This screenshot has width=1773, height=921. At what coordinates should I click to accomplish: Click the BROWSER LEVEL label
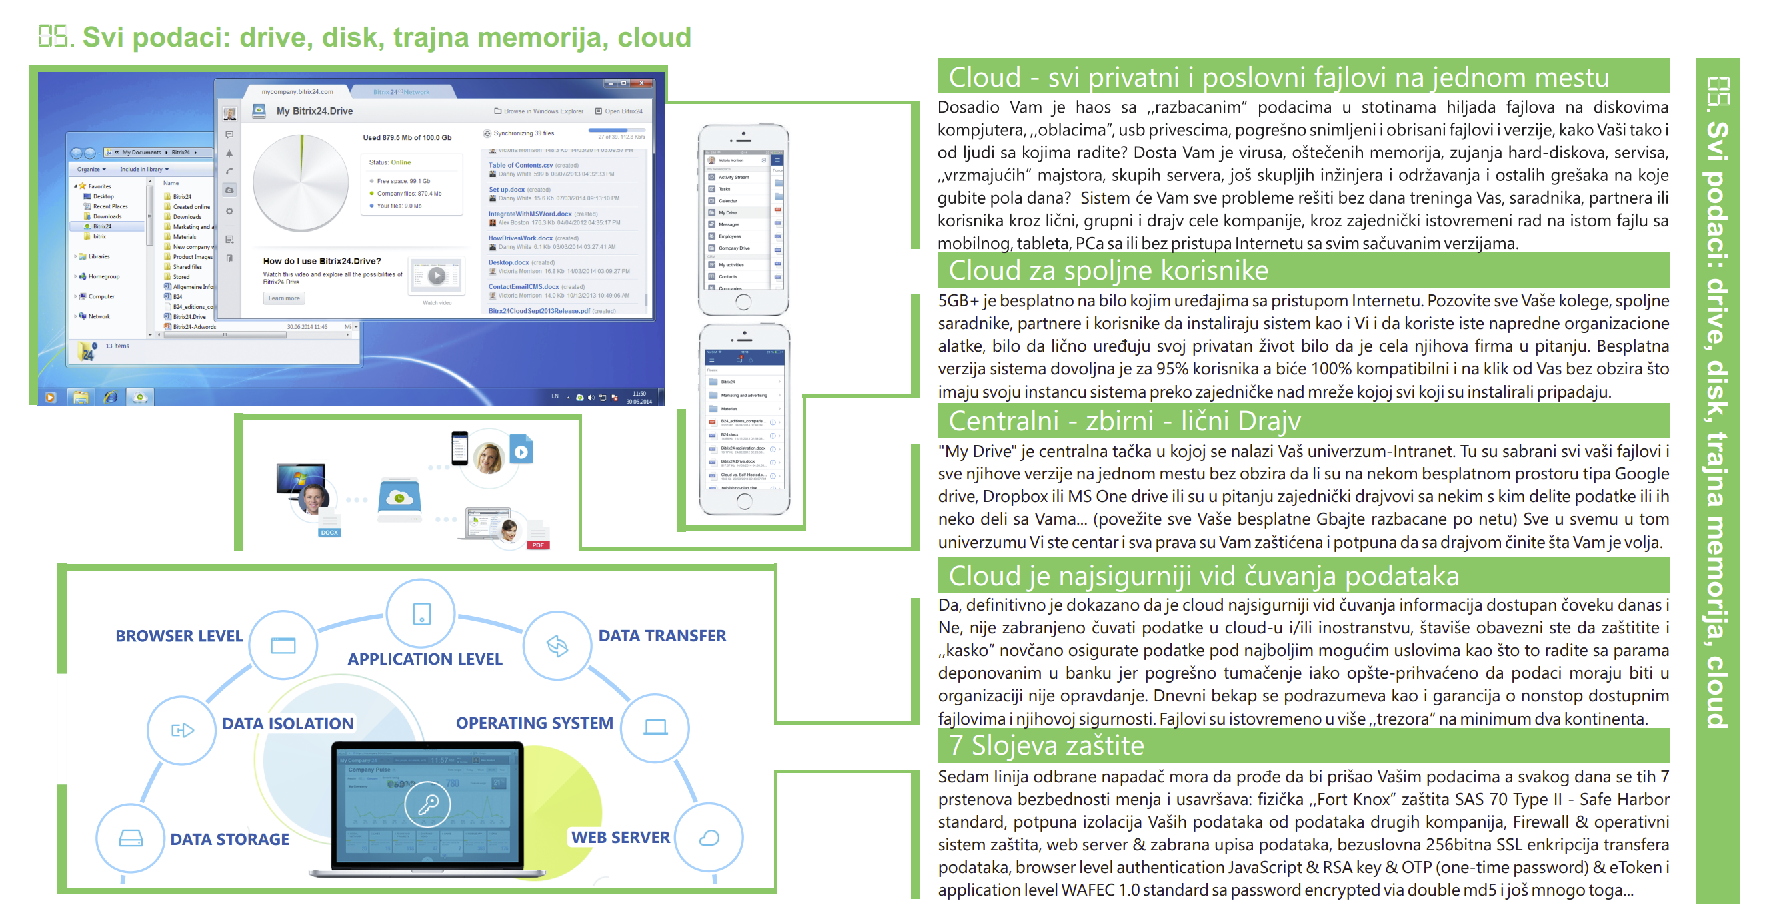[179, 635]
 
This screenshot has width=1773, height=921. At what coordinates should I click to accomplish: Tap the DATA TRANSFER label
[661, 635]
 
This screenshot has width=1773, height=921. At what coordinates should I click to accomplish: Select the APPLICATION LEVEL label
[425, 659]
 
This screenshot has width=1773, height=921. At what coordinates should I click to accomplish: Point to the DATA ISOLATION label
[287, 724]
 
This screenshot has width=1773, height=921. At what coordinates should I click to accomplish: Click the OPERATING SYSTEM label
[534, 723]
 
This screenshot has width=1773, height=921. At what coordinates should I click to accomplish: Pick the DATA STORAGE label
[229, 839]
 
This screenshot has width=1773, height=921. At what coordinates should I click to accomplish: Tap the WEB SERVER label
[619, 837]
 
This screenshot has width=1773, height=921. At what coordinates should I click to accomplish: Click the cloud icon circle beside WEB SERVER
[709, 837]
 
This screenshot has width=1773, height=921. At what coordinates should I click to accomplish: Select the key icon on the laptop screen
[428, 803]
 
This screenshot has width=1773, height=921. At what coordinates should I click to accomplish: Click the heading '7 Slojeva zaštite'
[1046, 746]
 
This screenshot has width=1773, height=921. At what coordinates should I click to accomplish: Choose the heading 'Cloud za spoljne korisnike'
[1108, 270]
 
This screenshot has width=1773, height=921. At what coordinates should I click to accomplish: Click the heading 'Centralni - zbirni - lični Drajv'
[1124, 420]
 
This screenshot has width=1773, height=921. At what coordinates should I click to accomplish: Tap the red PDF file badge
[537, 545]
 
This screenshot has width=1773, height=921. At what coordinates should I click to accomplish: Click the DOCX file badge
[329, 532]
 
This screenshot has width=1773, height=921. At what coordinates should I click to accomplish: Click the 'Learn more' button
[283, 298]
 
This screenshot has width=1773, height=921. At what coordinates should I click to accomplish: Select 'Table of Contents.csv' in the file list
[521, 165]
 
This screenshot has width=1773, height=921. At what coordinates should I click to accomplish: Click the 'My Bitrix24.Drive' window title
[314, 111]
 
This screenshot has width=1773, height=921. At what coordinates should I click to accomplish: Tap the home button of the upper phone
[743, 301]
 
